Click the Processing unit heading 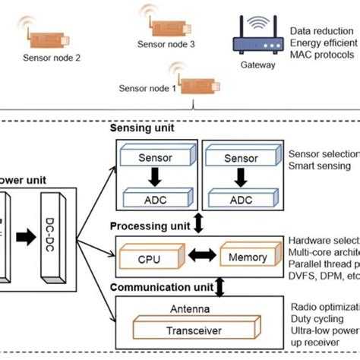point(150,227)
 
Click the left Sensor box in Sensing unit point(156,159)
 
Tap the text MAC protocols point(322,55)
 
